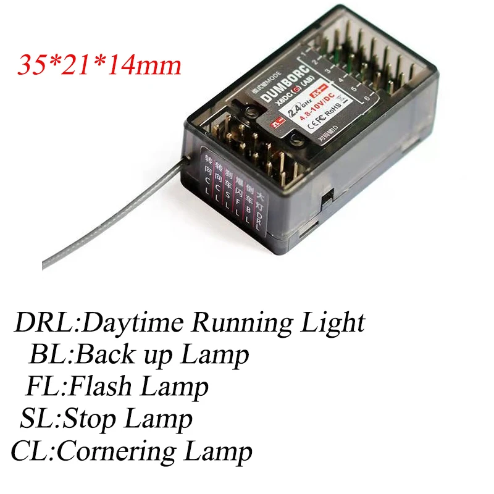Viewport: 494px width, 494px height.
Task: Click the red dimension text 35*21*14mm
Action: (x=99, y=65)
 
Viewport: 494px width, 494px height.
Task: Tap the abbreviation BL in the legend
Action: (x=49, y=355)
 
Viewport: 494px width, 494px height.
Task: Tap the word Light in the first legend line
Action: (x=334, y=324)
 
